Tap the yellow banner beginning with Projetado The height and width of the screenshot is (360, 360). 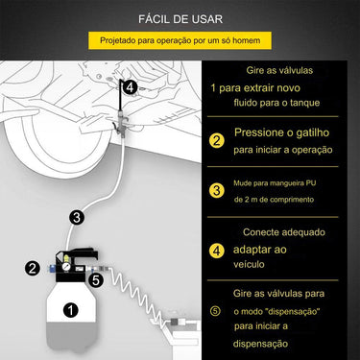[180, 40]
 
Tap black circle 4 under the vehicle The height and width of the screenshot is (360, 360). [130, 86]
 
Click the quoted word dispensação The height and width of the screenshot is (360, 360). [299, 312]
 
